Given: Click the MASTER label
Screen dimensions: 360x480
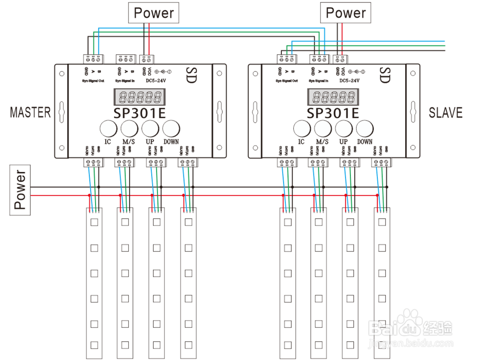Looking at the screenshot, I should point(30,112).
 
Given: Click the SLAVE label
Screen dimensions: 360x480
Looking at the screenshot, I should point(445,113).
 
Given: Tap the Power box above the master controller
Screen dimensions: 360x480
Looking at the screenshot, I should point(154,13).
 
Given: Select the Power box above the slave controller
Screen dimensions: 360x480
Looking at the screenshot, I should point(346,13).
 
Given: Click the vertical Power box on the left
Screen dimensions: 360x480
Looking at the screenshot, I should point(20,190).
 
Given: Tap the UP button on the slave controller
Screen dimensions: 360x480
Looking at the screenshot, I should point(343,128).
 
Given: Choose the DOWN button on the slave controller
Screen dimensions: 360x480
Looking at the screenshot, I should point(364,128).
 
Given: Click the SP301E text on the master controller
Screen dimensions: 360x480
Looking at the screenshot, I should point(140,113).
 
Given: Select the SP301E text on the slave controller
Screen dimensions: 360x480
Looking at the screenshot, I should point(333,113).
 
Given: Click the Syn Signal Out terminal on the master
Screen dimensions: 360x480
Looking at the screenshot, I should point(94,60).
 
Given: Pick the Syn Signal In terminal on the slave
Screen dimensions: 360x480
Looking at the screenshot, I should point(319,60).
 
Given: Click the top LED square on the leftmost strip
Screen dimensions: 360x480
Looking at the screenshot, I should point(94,222).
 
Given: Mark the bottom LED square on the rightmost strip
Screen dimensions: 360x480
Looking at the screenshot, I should point(383,345).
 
